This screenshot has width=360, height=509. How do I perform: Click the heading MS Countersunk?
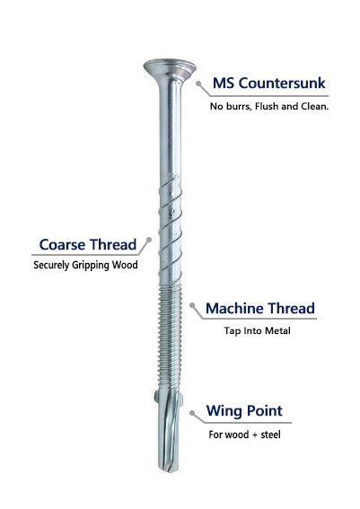pos(268,83)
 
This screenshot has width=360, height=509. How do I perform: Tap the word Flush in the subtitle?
pos(267,106)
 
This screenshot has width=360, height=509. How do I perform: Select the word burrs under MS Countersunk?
pos(239,106)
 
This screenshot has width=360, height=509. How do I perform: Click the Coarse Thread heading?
pos(88,245)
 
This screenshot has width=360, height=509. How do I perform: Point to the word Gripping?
pos(91,265)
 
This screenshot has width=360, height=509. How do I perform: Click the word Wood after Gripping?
pos(125,265)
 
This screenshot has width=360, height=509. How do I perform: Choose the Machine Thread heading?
pos(260,309)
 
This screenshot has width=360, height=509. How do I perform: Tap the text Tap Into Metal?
pos(257,330)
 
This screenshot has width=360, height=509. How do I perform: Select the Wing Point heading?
pos(244,411)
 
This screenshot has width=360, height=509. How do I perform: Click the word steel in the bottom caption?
pos(271,434)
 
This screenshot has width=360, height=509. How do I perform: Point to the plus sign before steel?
pos(254,435)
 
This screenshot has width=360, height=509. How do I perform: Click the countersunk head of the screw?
pos(170,67)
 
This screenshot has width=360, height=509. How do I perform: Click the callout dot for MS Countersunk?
pos(198,83)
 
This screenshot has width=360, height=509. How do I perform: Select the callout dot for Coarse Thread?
pos(149,240)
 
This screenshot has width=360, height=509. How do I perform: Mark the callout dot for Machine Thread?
pos(192,305)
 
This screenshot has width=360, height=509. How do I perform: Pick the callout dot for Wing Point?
pos(192,413)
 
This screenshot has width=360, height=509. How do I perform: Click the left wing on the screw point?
pos(157,397)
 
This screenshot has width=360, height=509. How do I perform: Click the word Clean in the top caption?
pos(315,106)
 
